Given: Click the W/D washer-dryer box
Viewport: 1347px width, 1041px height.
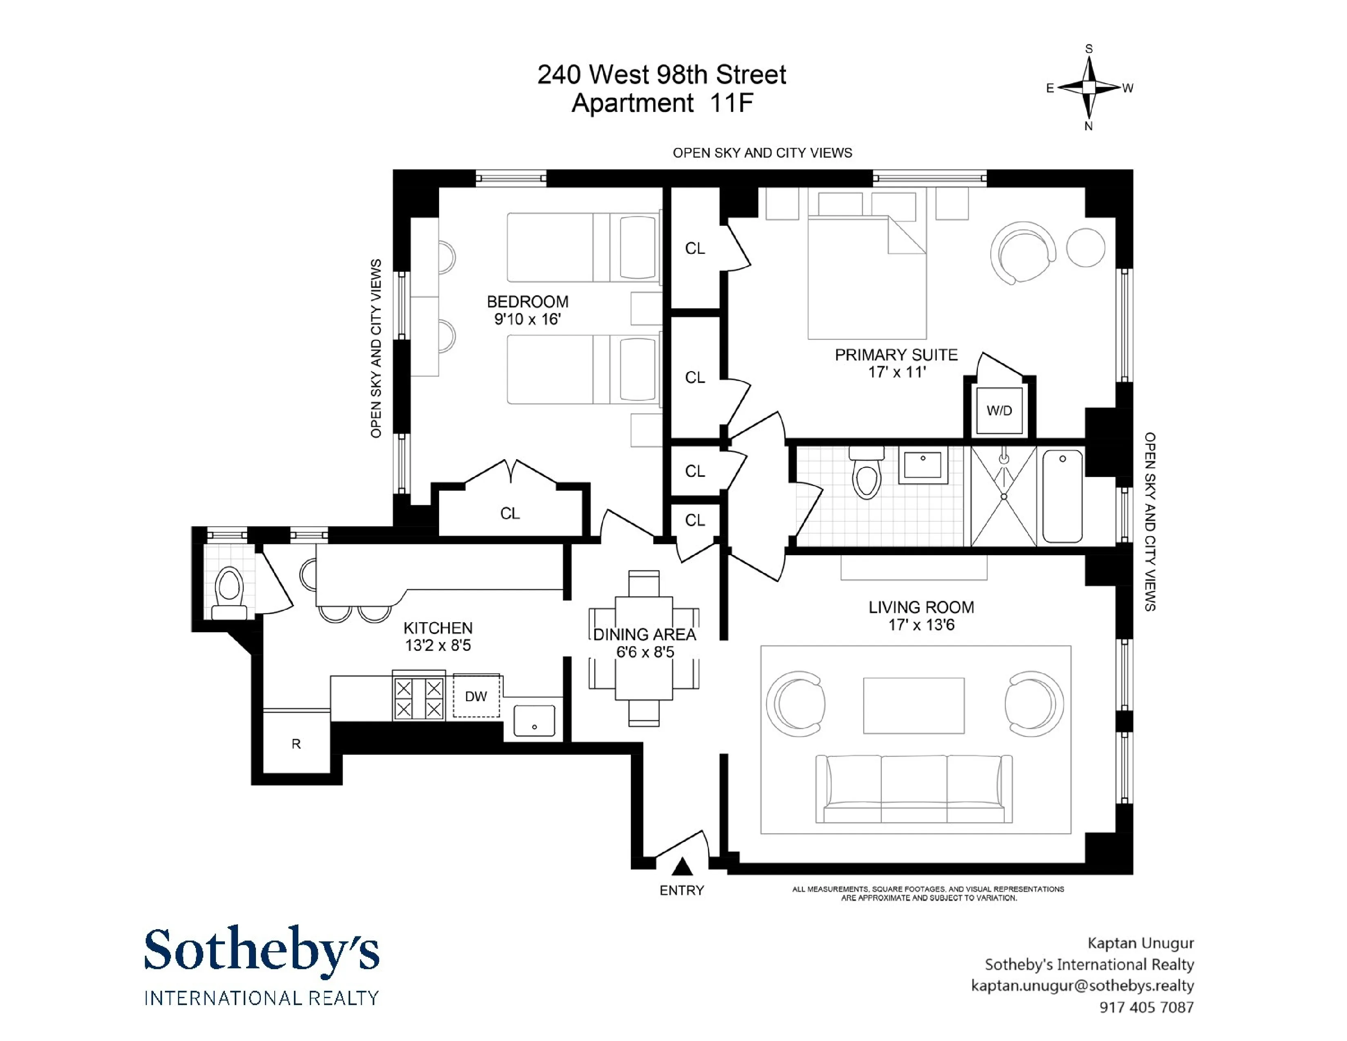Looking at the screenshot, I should point(999,411).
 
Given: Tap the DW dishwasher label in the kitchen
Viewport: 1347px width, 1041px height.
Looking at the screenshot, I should point(476,696).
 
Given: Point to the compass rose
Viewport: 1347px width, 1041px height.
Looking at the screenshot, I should point(1089,88).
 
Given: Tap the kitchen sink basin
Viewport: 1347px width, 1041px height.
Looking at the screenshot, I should point(534,720).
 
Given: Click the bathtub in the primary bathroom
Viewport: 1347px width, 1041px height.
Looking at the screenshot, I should point(1062,496).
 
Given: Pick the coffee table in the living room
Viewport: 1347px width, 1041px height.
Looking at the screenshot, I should point(914,705).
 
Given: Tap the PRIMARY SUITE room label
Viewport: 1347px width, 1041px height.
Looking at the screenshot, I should point(896,355).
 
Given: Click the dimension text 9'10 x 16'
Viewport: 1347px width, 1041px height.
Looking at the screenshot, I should point(527,320).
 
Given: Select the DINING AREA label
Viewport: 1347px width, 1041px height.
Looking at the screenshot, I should point(645,634).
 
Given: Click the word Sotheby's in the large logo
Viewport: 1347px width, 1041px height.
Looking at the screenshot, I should point(262,950).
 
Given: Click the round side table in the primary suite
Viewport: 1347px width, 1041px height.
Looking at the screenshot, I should point(1085,247).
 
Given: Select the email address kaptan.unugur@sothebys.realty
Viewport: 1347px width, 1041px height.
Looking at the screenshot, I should point(1082,985).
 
